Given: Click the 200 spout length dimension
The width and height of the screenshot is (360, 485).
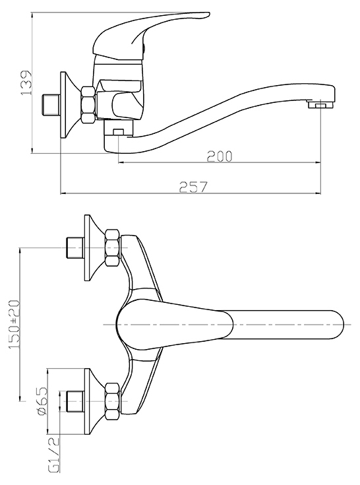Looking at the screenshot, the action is (x=219, y=156).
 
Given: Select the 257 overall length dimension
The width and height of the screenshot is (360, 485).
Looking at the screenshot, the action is (x=193, y=187).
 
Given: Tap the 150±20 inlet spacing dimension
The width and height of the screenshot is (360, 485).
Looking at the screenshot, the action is (x=15, y=325).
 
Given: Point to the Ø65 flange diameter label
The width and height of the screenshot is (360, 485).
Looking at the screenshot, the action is (x=42, y=401).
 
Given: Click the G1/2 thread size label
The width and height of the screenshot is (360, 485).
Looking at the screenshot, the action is (x=54, y=455).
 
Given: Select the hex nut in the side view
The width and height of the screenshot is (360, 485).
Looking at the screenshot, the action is (x=89, y=106).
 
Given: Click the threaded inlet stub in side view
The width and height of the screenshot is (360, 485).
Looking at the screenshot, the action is (x=50, y=105).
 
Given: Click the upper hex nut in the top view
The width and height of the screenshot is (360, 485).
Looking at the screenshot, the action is (x=113, y=247).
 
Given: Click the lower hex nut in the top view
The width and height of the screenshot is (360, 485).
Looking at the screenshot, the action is (x=113, y=401).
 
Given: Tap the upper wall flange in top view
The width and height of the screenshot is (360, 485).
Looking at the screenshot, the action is (x=94, y=247).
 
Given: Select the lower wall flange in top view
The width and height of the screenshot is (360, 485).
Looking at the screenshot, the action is (x=94, y=401).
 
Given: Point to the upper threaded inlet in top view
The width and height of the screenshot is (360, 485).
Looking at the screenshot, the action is (x=75, y=247).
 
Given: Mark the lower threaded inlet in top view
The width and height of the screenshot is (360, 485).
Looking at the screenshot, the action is (x=75, y=401).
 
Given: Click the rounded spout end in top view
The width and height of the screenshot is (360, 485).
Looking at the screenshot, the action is (x=336, y=325).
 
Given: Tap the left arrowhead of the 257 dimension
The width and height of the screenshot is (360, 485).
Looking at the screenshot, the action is (x=63, y=193).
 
